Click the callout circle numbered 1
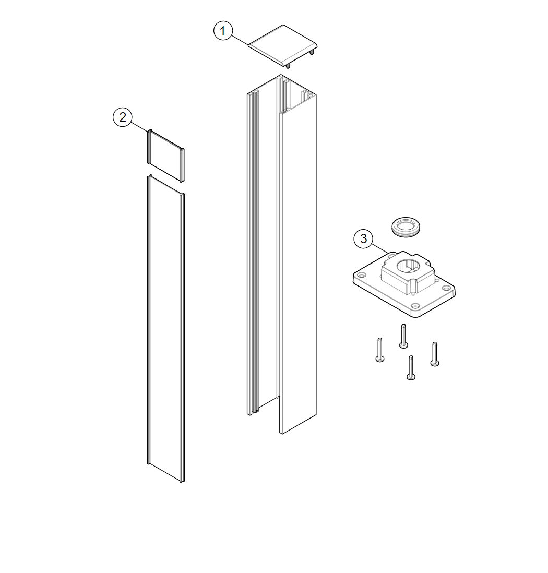(x=223, y=31)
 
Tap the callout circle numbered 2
(x=123, y=117)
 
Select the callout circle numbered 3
(x=363, y=238)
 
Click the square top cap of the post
(x=282, y=45)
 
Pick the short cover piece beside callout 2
(x=166, y=156)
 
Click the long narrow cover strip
(x=166, y=329)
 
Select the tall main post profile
(x=281, y=254)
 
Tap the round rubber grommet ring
(x=406, y=226)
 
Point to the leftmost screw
(x=380, y=350)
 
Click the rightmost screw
(x=435, y=354)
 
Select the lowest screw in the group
(x=411, y=367)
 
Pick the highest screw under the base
(x=403, y=336)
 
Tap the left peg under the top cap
(x=288, y=65)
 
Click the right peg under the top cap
(x=312, y=53)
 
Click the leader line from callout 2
(x=139, y=126)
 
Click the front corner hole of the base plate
(x=414, y=306)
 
